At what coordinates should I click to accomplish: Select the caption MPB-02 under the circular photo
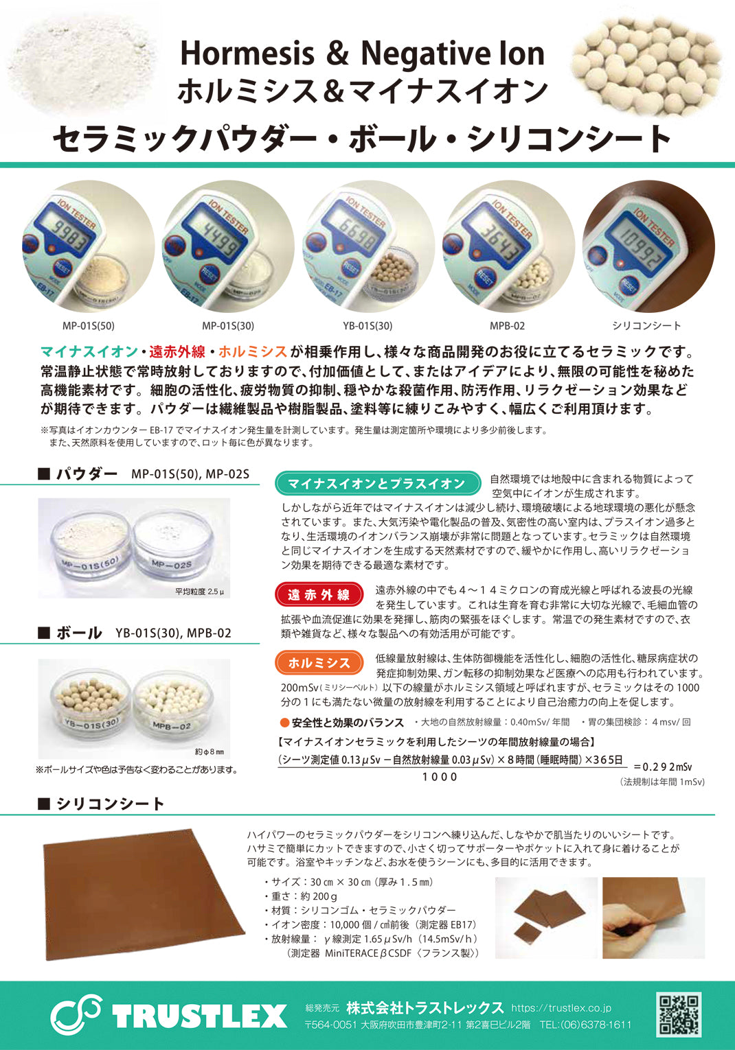pyautogui.click(x=507, y=326)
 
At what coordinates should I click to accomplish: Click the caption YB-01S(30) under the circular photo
pyautogui.click(x=367, y=326)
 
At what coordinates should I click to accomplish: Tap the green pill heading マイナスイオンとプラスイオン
pyautogui.click(x=378, y=483)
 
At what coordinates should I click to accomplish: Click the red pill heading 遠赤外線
pyautogui.click(x=319, y=594)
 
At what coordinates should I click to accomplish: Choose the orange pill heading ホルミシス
pyautogui.click(x=319, y=662)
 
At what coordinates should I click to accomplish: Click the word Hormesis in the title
pyautogui.click(x=247, y=54)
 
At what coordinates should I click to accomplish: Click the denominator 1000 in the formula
pyautogui.click(x=440, y=777)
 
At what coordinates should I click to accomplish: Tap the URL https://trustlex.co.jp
pyautogui.click(x=561, y=1007)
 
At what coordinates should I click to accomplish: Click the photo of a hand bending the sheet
pyautogui.click(x=653, y=918)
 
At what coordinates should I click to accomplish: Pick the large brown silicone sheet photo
pyautogui.click(x=144, y=894)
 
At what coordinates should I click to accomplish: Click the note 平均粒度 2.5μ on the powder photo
pyautogui.click(x=199, y=592)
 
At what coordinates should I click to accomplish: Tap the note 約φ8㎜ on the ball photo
pyautogui.click(x=210, y=752)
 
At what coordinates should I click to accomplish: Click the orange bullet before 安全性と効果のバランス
pyautogui.click(x=284, y=723)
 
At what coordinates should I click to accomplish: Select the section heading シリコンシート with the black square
pyautogui.click(x=101, y=804)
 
